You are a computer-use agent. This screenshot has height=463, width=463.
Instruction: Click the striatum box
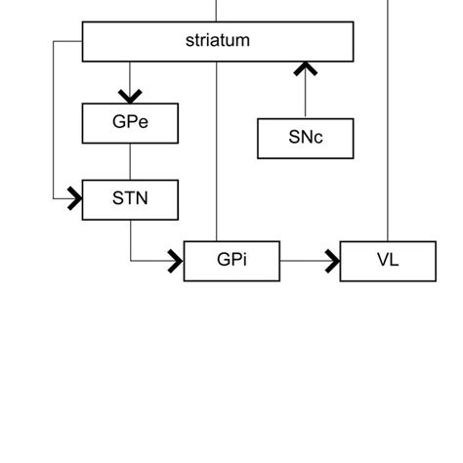(x=217, y=41)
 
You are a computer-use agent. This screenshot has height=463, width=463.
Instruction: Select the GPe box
(x=130, y=123)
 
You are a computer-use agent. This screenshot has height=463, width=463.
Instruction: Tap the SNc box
(x=306, y=138)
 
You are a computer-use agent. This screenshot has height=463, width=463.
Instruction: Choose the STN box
(x=130, y=199)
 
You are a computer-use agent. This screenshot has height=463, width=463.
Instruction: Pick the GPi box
(x=231, y=261)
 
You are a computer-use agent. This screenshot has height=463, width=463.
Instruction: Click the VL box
(x=388, y=261)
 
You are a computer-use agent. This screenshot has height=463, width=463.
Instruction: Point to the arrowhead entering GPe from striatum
(x=130, y=96)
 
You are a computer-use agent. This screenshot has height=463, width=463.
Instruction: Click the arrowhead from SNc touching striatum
(x=306, y=68)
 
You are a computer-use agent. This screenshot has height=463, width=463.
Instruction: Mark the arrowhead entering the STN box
(x=74, y=199)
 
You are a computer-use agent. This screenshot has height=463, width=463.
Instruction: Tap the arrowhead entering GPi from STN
(x=176, y=261)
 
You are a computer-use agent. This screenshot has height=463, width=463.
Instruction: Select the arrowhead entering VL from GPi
(x=332, y=261)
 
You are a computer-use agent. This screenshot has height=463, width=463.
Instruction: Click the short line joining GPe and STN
(x=130, y=161)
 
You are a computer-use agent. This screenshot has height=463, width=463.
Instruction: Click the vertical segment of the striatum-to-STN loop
(x=53, y=122)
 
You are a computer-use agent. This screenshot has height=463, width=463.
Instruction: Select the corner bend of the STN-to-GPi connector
(x=131, y=261)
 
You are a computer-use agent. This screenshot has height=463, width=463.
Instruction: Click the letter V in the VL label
(x=381, y=261)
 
